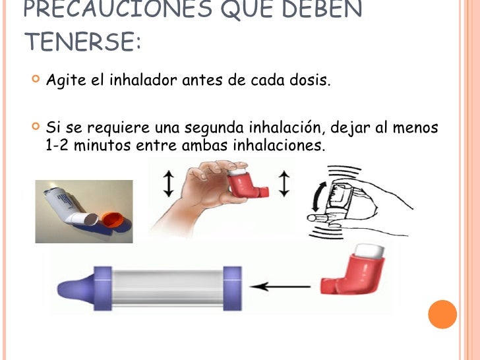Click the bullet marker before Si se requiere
(36, 125)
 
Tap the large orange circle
(442, 314)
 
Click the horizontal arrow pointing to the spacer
(284, 287)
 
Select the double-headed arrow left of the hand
(167, 184)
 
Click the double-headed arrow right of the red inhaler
(284, 183)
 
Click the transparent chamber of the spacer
(168, 287)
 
